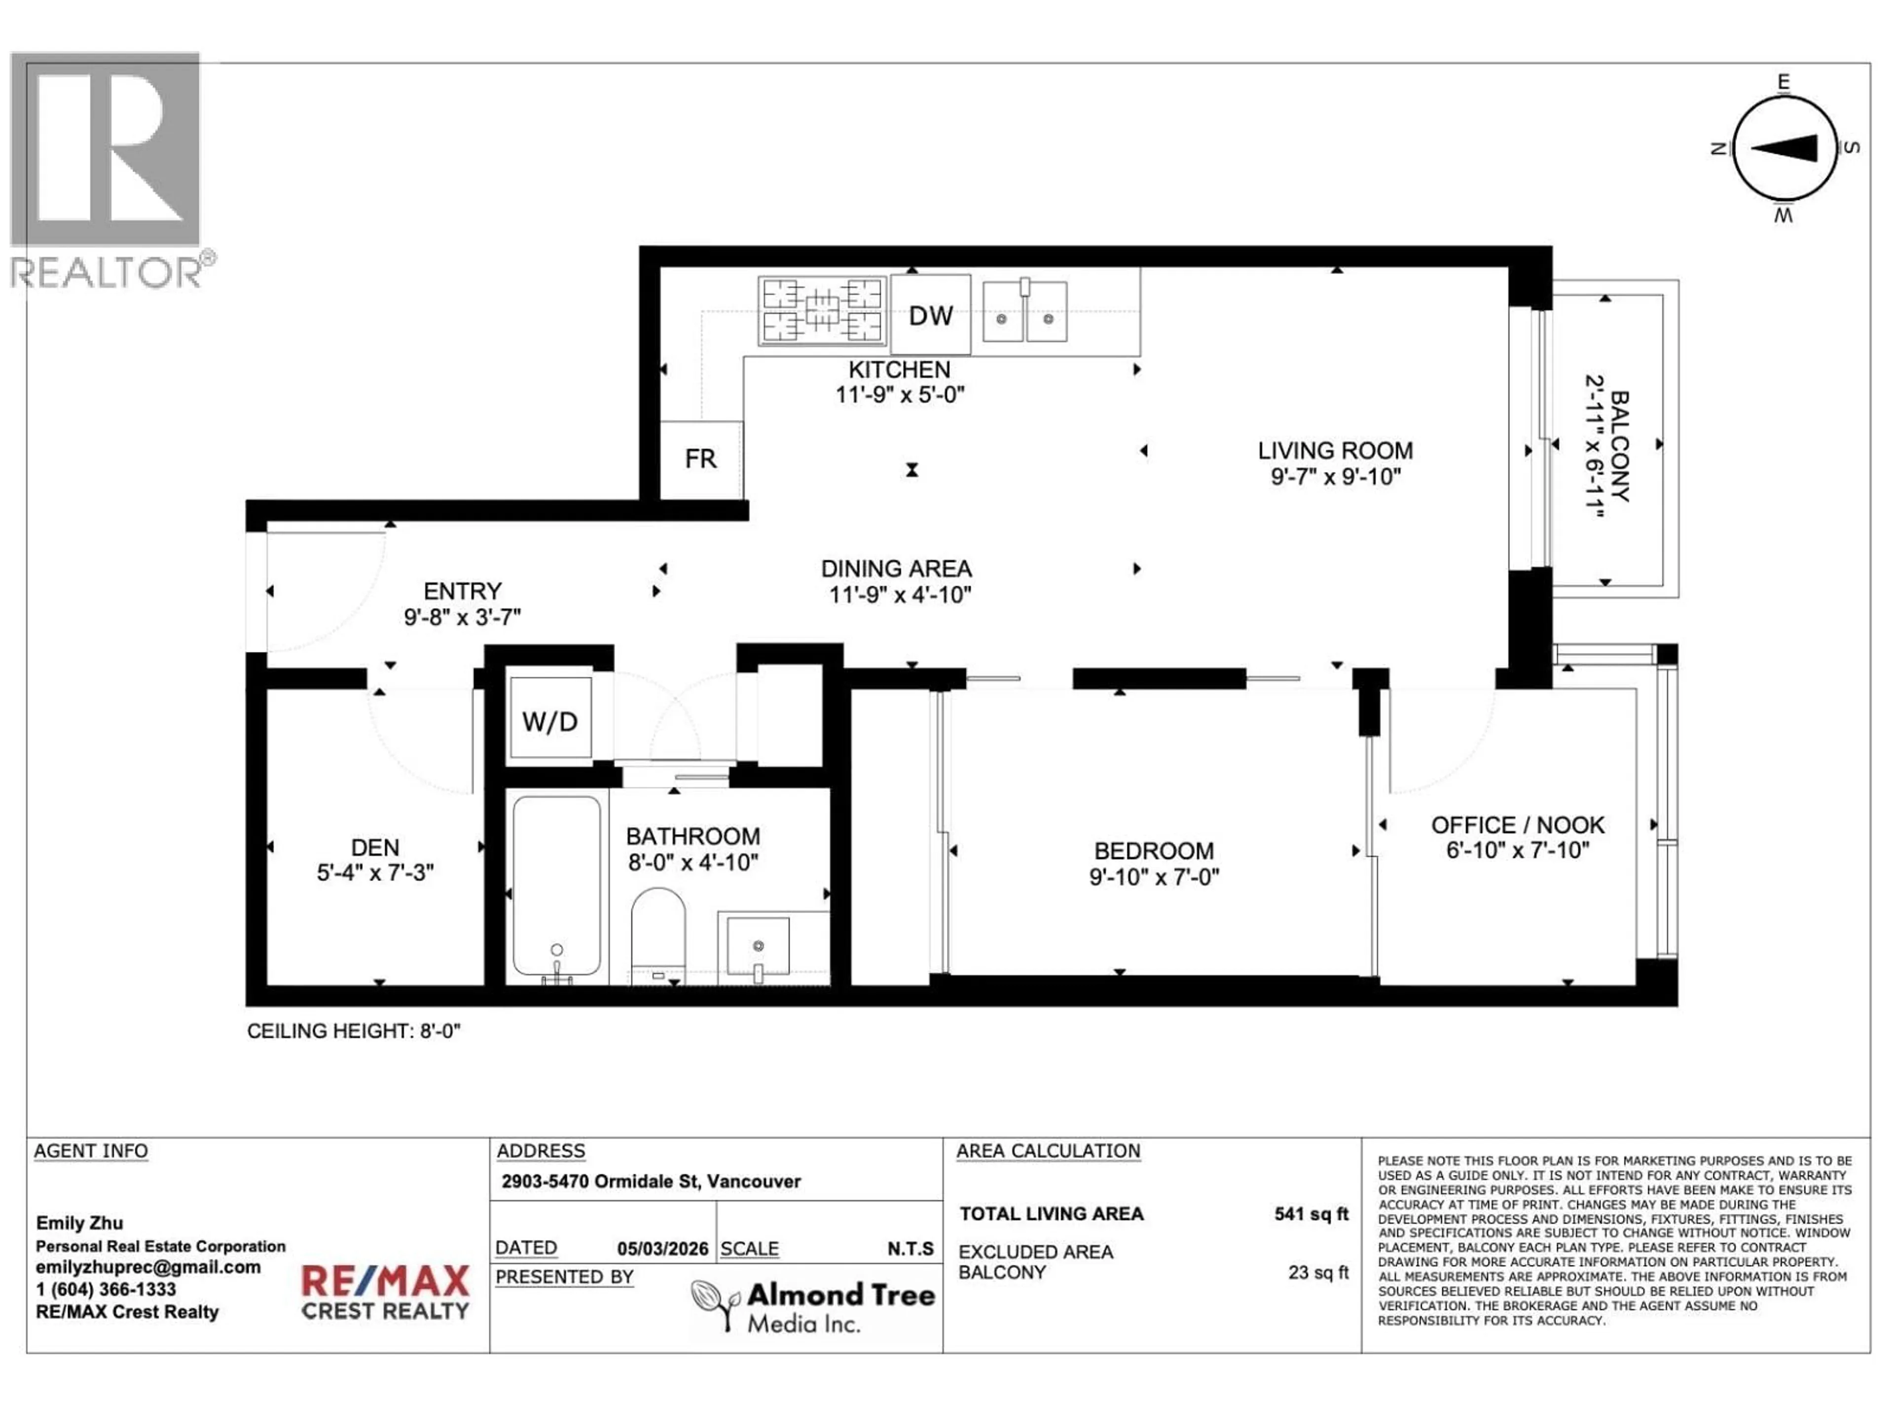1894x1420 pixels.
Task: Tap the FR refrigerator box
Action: click(x=700, y=460)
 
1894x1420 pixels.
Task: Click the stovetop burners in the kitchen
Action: click(x=822, y=311)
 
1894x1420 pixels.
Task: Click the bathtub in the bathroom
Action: click(x=556, y=887)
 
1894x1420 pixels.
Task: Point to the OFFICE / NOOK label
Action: click(x=1517, y=825)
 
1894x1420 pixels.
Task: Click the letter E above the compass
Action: click(x=1784, y=82)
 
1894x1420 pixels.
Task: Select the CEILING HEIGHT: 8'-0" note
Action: click(x=354, y=1031)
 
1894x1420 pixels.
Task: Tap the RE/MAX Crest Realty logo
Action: click(x=385, y=1292)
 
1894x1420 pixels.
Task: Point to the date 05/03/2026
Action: click(x=663, y=1249)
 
